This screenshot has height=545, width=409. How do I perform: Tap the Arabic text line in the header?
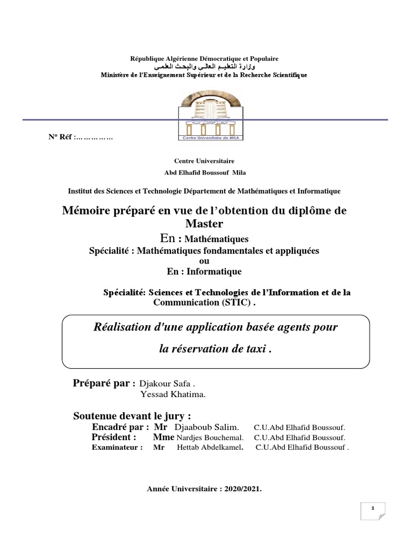click(204, 67)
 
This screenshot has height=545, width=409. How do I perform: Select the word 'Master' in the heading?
click(204, 223)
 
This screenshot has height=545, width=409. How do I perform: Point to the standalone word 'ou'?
click(204, 261)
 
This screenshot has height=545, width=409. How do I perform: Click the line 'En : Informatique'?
click(204, 271)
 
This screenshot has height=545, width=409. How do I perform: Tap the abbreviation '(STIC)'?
click(233, 303)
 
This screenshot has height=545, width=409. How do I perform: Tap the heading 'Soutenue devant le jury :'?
click(132, 416)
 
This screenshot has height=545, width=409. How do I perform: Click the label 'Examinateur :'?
click(117, 448)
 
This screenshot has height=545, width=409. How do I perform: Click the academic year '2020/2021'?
click(243, 489)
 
